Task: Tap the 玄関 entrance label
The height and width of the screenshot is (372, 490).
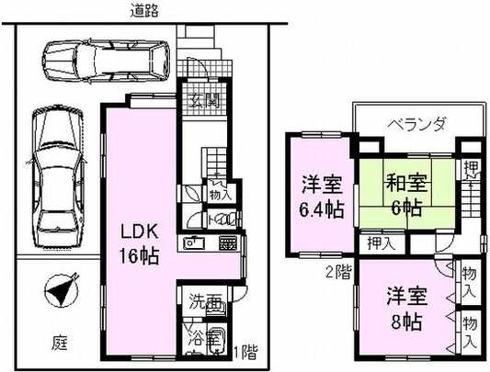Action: pos(203,100)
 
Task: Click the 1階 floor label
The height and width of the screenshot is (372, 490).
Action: pos(245,352)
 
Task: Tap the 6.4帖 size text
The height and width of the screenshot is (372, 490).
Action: pos(322,209)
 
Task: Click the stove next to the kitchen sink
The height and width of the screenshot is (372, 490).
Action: pos(228,243)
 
